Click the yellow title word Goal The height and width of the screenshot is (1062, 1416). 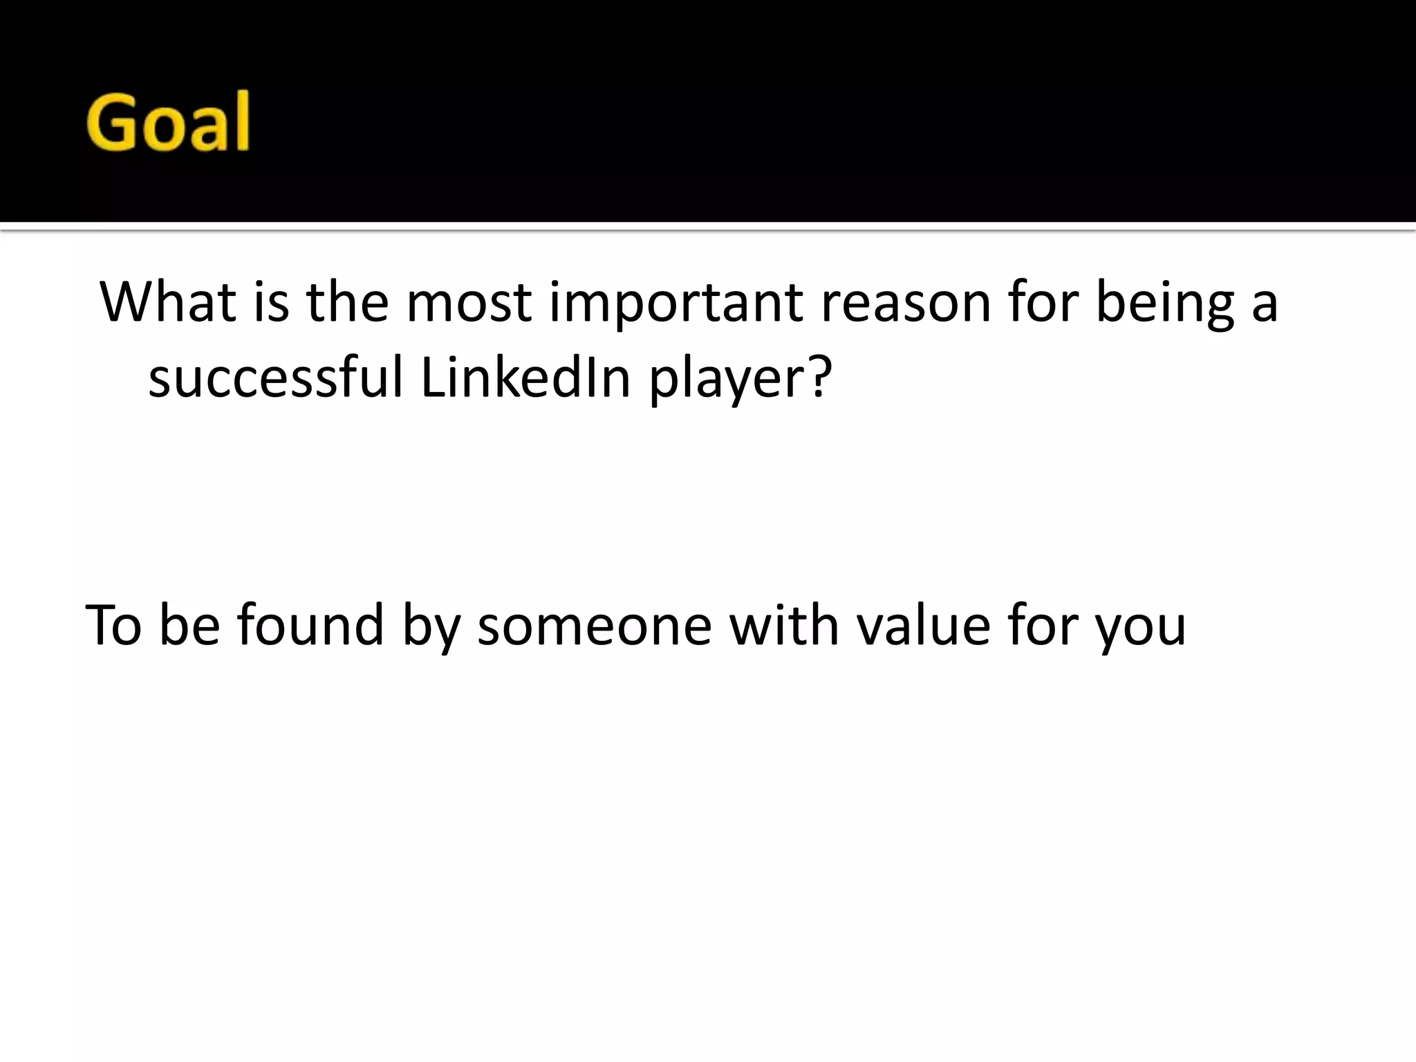[x=168, y=122]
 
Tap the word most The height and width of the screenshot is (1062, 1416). [x=468, y=302]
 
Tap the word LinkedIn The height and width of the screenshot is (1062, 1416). [x=525, y=378]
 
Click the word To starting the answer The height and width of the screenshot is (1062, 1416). [x=113, y=625]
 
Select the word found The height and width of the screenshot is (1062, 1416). [x=310, y=625]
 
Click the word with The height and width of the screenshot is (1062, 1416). [x=784, y=625]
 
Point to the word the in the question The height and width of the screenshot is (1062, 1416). [x=347, y=302]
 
